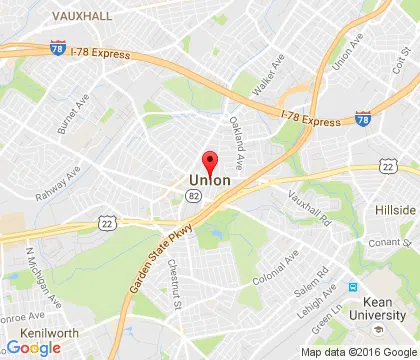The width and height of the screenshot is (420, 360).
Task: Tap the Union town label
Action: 210,181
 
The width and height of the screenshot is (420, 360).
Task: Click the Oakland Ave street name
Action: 237,142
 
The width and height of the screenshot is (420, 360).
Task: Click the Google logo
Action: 33,347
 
